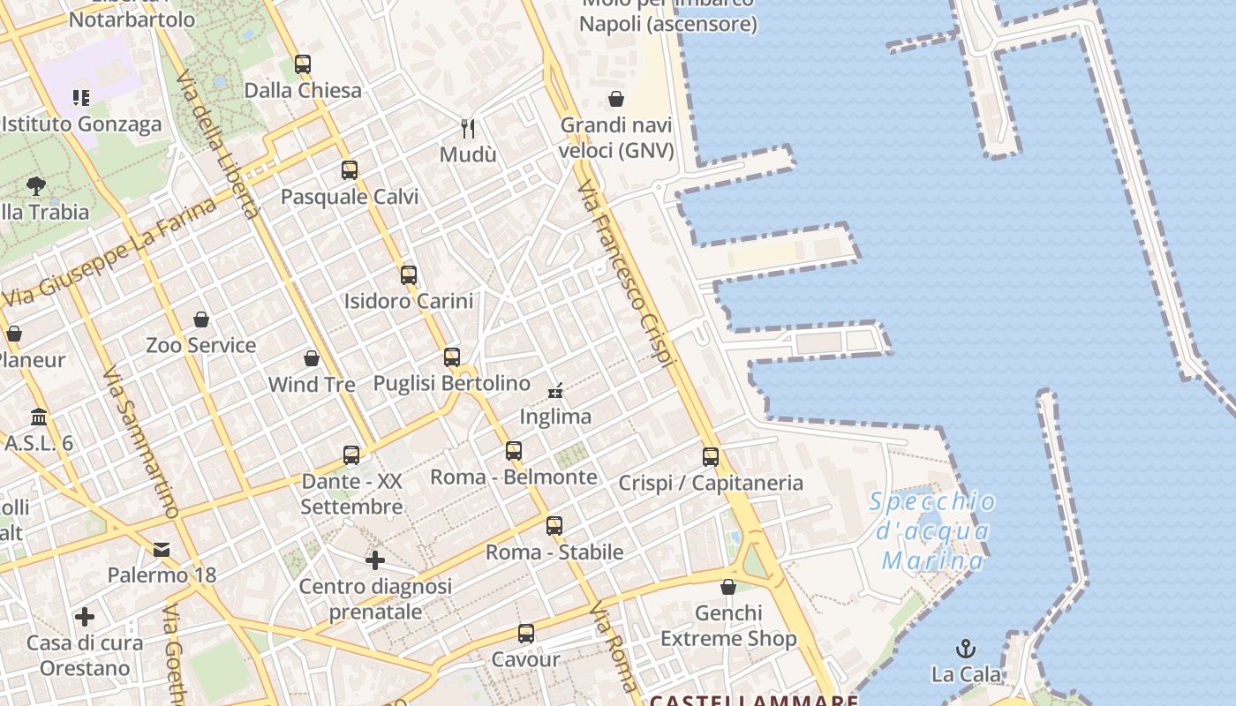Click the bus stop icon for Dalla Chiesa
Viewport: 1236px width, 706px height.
303,64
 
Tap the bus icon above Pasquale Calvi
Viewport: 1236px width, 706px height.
350,170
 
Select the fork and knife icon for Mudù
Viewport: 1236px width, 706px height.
468,129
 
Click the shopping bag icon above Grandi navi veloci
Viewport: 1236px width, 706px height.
616,99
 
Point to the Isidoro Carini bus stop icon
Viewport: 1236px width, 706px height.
408,275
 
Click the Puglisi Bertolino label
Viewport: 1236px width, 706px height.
452,384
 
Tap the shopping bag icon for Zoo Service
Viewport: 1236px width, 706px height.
201,319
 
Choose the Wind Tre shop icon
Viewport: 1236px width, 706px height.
312,358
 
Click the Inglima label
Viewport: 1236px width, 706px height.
555,417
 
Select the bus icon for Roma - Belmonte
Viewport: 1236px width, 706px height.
514,452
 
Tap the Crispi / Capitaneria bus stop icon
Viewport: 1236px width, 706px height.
711,457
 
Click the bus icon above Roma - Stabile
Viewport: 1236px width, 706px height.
554,526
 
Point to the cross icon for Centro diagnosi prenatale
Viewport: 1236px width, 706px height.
375,560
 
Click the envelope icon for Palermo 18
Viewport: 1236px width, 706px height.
162,550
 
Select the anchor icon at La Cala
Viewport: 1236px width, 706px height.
966,650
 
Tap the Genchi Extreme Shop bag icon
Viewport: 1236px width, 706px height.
728,587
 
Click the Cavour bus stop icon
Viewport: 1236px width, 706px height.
526,634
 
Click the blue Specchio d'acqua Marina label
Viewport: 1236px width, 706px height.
932,531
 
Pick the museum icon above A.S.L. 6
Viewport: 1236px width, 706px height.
39,417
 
